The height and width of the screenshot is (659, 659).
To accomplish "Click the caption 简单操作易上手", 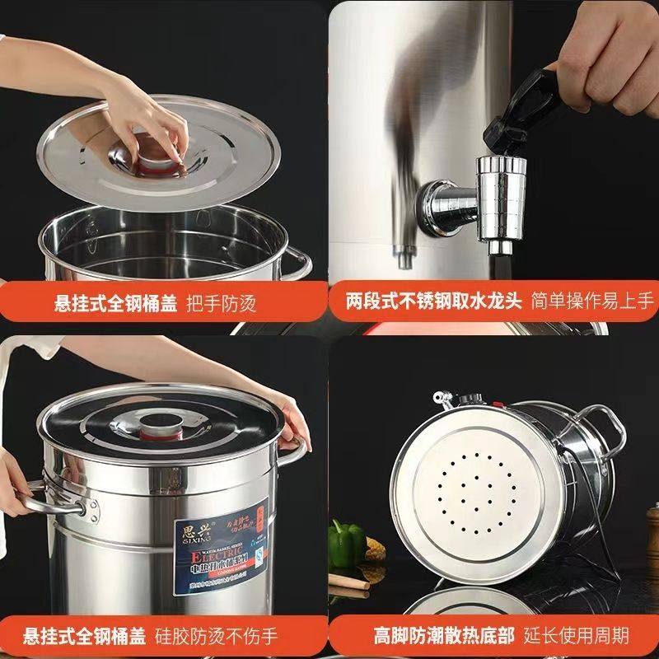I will click(591, 301).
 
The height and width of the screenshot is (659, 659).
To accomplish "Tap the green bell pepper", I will click(346, 542).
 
